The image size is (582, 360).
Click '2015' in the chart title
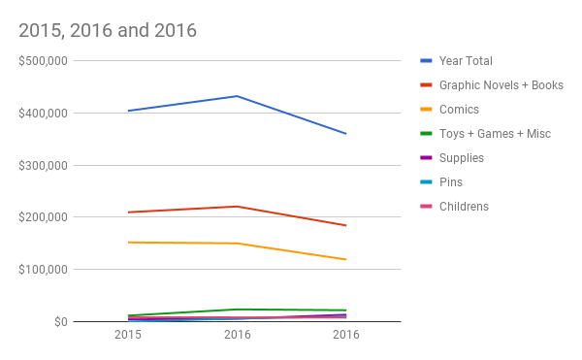(x=41, y=30)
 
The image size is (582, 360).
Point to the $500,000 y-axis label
(x=44, y=61)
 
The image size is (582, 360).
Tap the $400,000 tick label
(x=44, y=114)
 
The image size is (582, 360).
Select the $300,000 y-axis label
(x=44, y=166)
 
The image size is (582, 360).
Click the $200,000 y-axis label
(x=44, y=217)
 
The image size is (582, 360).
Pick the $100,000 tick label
(x=44, y=270)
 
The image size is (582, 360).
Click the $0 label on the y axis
(x=61, y=322)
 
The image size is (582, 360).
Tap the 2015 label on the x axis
(x=128, y=335)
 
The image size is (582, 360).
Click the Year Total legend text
(x=466, y=61)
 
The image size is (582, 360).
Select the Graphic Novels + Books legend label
(x=501, y=85)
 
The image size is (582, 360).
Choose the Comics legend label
(x=459, y=110)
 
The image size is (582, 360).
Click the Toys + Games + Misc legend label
(x=495, y=134)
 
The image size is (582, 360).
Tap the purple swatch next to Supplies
(x=426, y=158)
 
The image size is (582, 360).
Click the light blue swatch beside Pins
(x=426, y=181)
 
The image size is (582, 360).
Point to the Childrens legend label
(x=464, y=207)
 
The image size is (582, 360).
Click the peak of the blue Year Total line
(x=238, y=96)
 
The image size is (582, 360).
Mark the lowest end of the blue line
(x=346, y=134)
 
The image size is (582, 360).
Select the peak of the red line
(x=238, y=207)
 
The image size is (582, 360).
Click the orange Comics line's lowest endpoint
(x=346, y=259)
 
